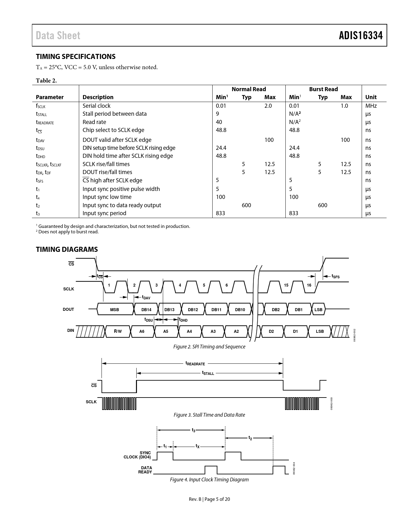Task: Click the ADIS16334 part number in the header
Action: coord(361,35)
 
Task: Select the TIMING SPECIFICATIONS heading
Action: coord(76,56)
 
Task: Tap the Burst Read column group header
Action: coord(323,89)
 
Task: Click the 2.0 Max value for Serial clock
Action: coord(268,106)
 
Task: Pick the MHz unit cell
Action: coord(371,106)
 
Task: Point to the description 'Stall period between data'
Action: coord(115,114)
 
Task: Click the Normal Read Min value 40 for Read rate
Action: coord(219,122)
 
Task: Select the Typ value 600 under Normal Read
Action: coord(246,205)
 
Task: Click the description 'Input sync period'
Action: coord(104,213)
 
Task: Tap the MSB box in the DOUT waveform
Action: coord(115,310)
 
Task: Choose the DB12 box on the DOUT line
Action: coord(193,310)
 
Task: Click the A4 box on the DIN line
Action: coord(189,332)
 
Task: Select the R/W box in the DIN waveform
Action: coord(118,332)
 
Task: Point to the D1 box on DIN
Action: coord(295,332)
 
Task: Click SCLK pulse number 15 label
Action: coord(286,285)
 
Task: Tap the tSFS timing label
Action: coord(335,276)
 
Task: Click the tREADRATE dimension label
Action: coord(195,363)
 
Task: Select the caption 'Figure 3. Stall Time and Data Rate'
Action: coord(209,415)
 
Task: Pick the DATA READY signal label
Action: coord(145,470)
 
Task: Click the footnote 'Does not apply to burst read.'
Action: coord(68,232)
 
